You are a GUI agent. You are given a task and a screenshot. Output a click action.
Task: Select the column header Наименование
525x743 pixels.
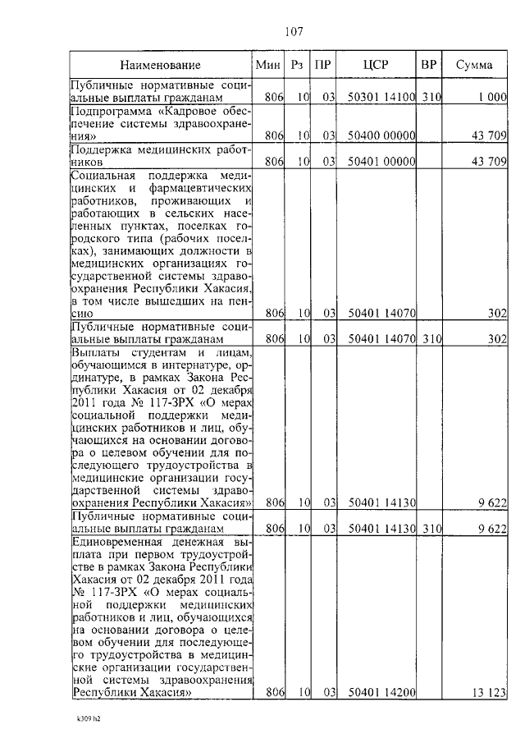click(x=160, y=64)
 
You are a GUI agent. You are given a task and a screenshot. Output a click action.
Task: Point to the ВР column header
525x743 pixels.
click(x=428, y=64)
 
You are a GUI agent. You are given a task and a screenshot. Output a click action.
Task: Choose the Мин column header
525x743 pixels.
click(x=269, y=64)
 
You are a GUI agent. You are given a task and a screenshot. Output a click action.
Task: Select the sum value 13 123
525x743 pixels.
click(x=489, y=693)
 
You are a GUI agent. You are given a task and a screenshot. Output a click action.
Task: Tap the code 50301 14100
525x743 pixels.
click(x=381, y=98)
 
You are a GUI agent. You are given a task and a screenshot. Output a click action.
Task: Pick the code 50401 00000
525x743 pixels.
click(x=381, y=162)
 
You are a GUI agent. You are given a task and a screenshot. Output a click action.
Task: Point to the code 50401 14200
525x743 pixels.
click(x=381, y=693)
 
